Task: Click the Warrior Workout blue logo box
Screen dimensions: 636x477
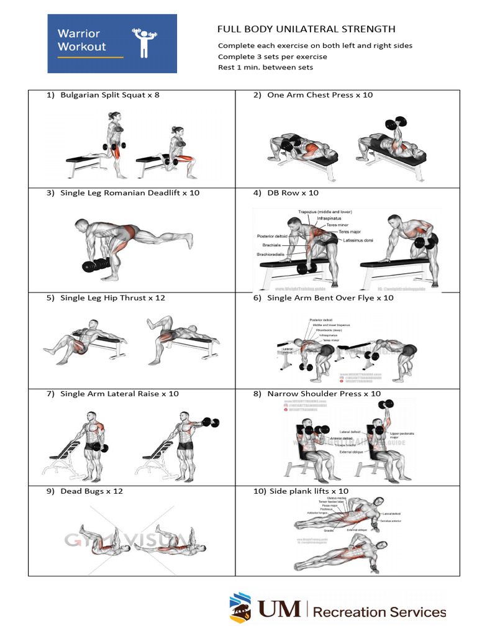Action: [x=112, y=43]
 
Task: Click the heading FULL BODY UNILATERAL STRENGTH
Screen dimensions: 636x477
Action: [x=306, y=29]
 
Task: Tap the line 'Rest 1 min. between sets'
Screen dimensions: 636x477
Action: [x=265, y=67]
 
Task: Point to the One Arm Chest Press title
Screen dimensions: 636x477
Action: [x=320, y=95]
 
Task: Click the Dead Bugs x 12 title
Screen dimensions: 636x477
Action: [x=84, y=491]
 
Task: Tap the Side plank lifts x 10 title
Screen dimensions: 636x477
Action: [x=301, y=491]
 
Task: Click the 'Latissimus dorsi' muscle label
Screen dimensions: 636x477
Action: [x=359, y=240]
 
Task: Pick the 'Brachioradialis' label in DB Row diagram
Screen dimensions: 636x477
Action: [x=271, y=254]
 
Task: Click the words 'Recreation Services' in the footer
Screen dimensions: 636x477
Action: [x=379, y=612]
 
